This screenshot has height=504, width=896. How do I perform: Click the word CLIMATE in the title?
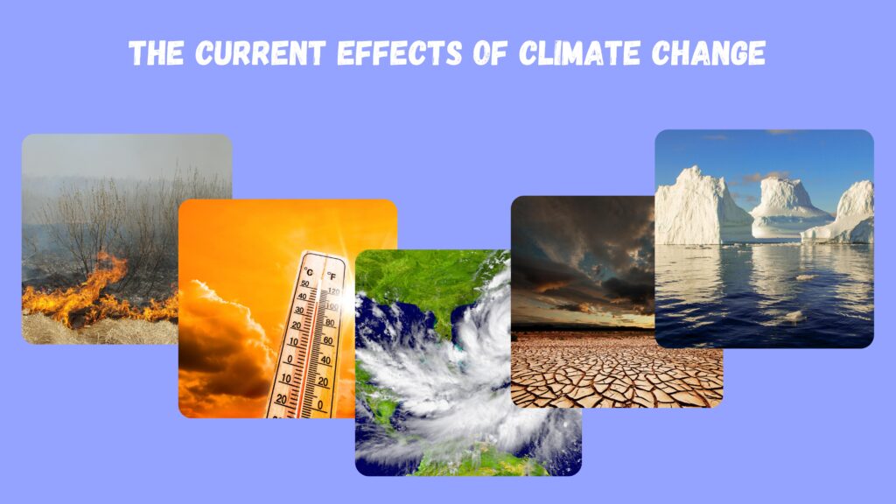tap(579, 53)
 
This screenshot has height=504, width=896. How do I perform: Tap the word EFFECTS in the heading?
tap(399, 53)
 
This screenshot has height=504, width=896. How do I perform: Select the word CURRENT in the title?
tap(261, 53)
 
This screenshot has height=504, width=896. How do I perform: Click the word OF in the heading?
tap(490, 53)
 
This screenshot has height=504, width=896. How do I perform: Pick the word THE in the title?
tap(156, 53)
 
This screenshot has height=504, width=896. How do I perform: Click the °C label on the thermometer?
tap(309, 271)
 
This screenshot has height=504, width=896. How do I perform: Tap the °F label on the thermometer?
tap(332, 276)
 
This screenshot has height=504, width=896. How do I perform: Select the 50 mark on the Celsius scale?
tap(304, 283)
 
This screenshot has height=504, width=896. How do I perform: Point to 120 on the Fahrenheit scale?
tap(333, 291)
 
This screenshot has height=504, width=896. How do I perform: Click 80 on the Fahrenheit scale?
tap(330, 323)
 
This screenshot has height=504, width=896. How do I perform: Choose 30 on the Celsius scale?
tap(299, 311)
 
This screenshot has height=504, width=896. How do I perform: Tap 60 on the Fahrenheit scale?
tap(327, 341)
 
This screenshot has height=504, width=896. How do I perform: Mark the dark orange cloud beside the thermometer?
tap(224, 343)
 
